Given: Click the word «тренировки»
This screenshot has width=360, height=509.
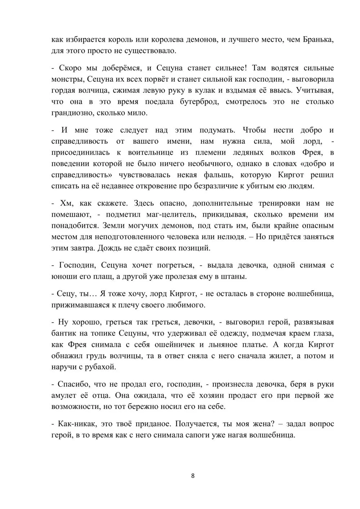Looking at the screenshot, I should [x=279, y=203].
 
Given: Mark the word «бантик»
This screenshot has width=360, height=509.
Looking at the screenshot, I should [x=64, y=333].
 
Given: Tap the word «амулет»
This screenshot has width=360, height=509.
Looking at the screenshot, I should [x=64, y=395].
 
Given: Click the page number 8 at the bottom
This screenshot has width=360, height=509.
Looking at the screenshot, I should [x=193, y=476].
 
